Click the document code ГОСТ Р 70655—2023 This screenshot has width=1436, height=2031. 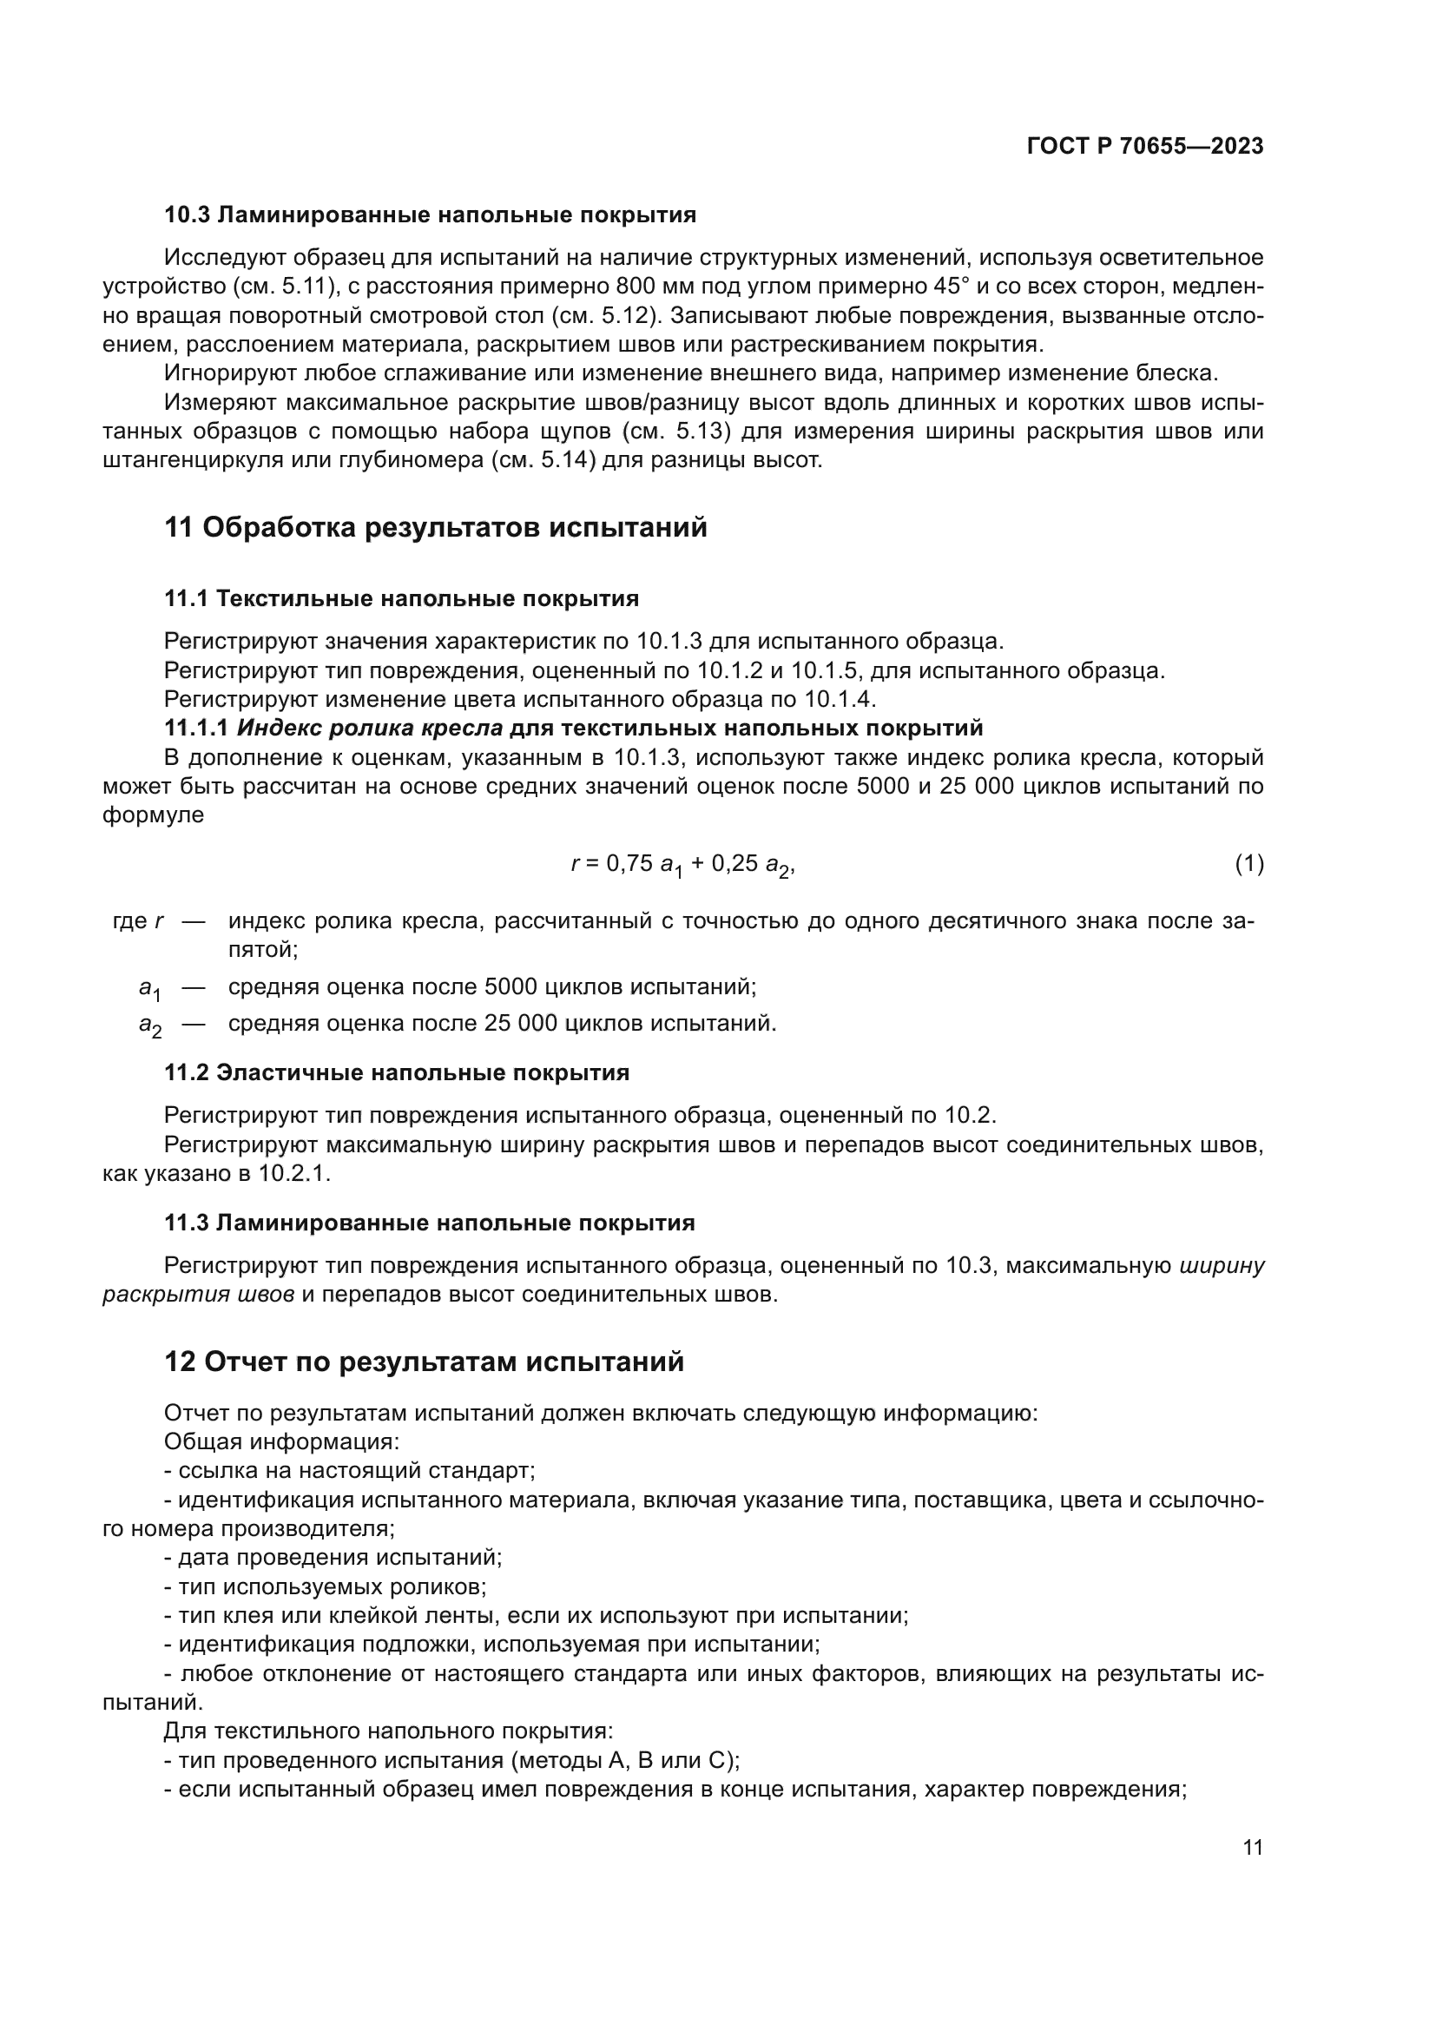click(1144, 147)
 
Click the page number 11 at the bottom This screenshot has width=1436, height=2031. click(1252, 1847)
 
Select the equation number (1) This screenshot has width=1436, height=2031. click(1248, 863)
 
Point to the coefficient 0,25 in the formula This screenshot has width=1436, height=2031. click(734, 863)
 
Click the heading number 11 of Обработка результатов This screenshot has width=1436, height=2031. click(179, 527)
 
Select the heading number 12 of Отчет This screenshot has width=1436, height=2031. click(180, 1362)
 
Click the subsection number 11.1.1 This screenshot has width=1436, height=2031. click(196, 728)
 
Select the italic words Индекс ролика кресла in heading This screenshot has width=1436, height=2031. click(370, 728)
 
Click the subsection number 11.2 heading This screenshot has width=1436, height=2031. click(186, 1073)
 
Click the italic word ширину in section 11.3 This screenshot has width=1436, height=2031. click(1222, 1266)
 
